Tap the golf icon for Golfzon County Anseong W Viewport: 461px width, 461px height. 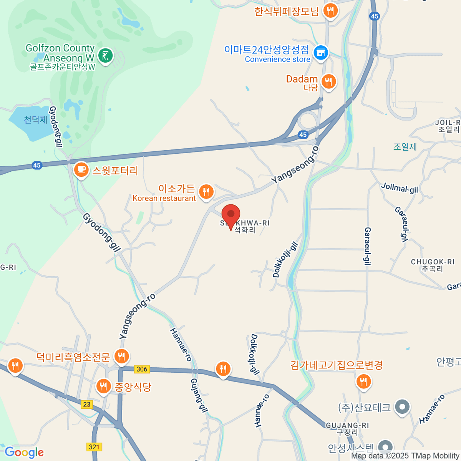(105, 56)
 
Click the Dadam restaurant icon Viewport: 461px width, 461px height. (328, 81)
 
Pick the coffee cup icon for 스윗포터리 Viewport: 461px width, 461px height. (81, 169)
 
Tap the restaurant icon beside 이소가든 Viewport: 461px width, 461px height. (206, 191)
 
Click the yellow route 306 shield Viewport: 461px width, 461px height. (142, 369)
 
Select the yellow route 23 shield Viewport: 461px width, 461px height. (87, 404)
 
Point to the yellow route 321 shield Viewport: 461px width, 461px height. (94, 447)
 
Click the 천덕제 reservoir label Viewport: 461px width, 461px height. (36, 120)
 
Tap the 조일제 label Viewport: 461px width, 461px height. (405, 146)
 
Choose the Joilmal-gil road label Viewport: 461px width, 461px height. (400, 188)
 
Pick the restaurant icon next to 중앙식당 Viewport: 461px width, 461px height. (103, 386)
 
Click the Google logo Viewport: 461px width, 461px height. (24, 453)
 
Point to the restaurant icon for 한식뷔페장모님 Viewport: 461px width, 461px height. (330, 10)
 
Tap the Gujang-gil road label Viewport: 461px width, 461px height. (199, 396)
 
